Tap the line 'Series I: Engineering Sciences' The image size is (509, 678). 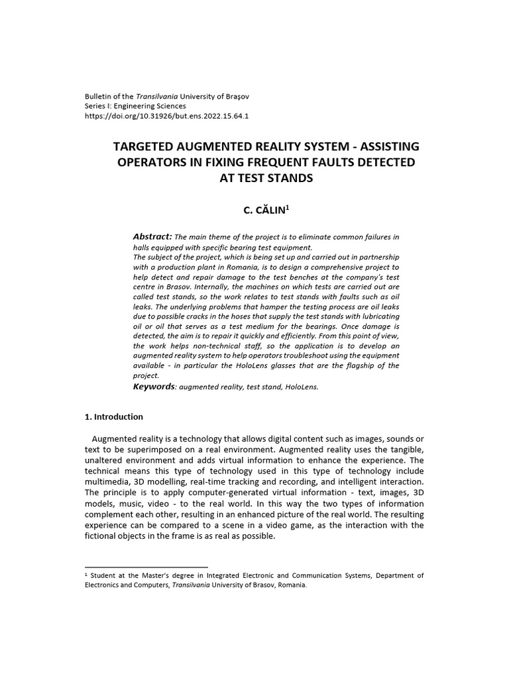click(x=136, y=105)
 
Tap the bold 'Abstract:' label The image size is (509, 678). click(x=152, y=236)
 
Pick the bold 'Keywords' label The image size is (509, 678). click(x=154, y=386)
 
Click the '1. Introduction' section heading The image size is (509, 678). click(x=113, y=417)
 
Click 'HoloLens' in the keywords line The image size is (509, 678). click(x=304, y=387)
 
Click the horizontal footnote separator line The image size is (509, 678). click(x=146, y=567)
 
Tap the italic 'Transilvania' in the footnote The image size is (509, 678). click(x=193, y=585)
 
